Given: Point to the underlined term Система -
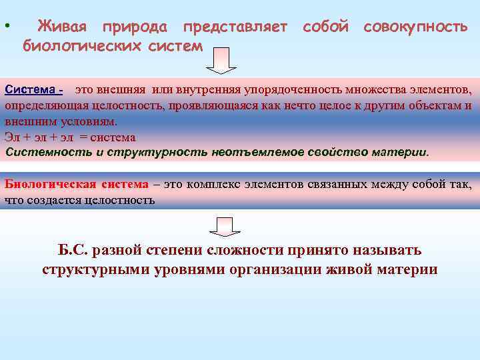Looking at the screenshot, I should coord(34,89).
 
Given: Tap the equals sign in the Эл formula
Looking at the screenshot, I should coord(83,137).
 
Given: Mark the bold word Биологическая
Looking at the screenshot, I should coord(51,184).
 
